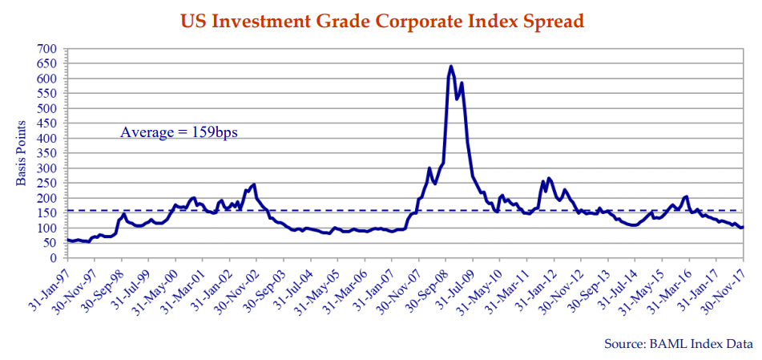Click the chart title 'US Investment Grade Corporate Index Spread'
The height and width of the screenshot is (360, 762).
(x=381, y=20)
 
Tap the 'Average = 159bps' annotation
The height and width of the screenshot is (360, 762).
(x=179, y=131)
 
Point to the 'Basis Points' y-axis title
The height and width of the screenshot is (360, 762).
(x=22, y=152)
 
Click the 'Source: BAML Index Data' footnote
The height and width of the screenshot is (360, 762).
(x=678, y=343)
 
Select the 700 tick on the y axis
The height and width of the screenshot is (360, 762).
(x=46, y=49)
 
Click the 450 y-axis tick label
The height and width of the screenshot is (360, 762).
(x=46, y=123)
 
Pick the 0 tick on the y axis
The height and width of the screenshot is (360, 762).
(x=53, y=258)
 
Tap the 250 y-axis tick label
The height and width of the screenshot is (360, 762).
(x=46, y=184)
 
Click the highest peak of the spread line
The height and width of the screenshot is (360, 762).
(x=450, y=67)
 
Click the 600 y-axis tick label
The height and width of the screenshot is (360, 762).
(x=46, y=79)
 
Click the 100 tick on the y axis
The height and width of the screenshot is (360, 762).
(x=46, y=229)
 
